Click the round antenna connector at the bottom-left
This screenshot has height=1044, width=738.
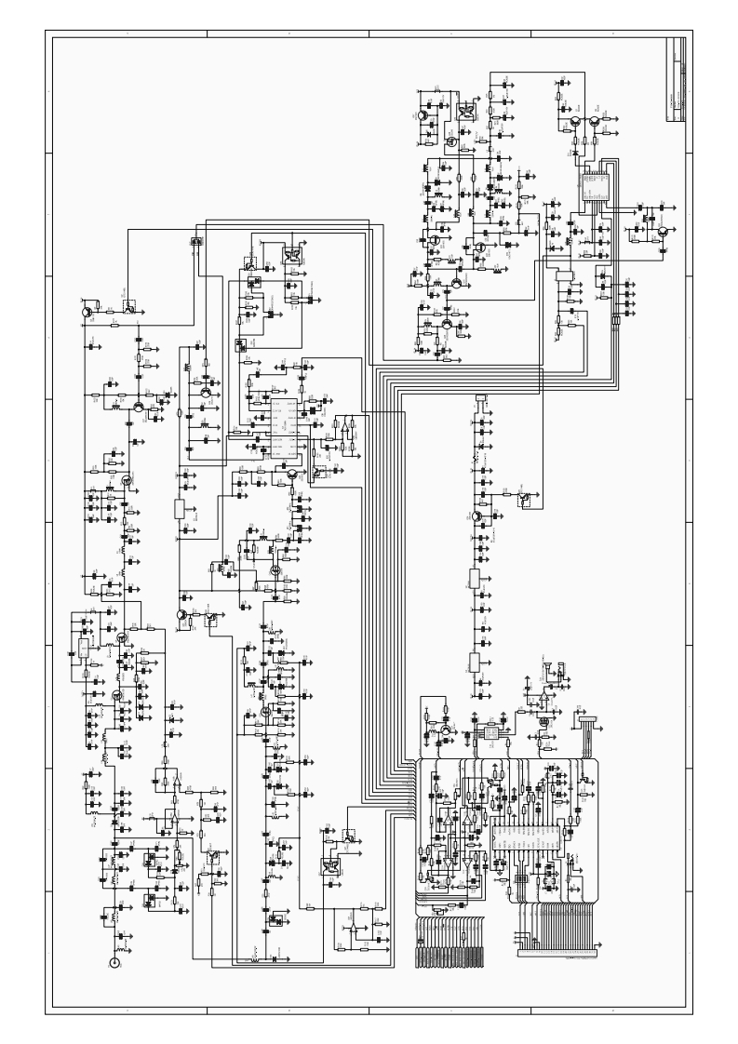115,963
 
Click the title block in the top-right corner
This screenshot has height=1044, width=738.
678,81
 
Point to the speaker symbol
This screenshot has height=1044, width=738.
550,667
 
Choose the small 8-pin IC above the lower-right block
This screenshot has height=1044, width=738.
488,732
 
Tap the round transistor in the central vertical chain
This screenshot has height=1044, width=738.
477,517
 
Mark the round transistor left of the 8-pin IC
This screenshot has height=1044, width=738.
446,731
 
